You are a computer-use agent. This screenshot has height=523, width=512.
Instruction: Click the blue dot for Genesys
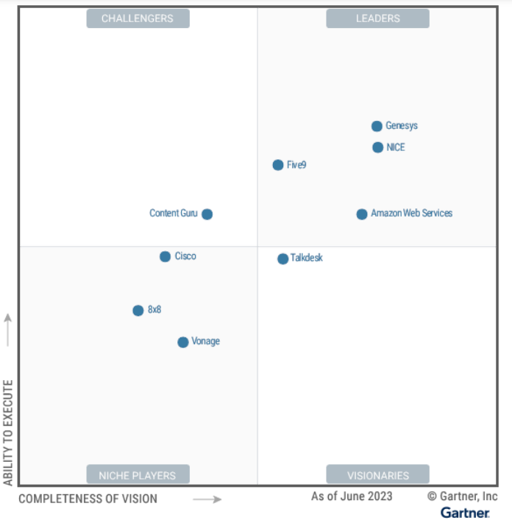pos(377,126)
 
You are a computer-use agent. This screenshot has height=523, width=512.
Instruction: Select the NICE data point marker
pos(378,147)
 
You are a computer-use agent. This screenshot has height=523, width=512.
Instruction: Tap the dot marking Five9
pos(278,165)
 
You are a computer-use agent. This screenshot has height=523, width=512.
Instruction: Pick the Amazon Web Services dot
pos(362,214)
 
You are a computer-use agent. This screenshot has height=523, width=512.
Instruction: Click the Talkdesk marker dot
pos(283,259)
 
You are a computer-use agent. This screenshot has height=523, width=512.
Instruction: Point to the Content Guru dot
pos(207,214)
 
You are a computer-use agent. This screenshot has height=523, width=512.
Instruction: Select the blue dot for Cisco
pos(166,256)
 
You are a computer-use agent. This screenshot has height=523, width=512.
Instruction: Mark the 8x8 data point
pos(138,310)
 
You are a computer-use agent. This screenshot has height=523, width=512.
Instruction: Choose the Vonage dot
pos(183,342)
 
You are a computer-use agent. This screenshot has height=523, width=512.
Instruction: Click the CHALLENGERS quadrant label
pos(138,18)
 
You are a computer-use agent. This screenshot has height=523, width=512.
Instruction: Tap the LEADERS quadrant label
pos(377,18)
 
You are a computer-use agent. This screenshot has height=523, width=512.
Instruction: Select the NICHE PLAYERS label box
pos(138,475)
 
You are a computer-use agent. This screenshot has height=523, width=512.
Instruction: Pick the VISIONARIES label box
pos(377,475)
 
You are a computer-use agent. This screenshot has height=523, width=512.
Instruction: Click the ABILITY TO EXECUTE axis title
pos(9,432)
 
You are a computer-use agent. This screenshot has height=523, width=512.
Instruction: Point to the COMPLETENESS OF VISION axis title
pos(88,499)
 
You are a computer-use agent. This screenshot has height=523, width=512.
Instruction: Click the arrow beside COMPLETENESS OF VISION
pos(207,499)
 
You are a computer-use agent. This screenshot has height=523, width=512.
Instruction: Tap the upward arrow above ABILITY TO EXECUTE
pos(9,329)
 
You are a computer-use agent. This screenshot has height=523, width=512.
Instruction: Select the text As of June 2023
pos(352,496)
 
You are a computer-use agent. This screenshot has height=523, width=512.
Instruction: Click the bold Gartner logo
pos(465,512)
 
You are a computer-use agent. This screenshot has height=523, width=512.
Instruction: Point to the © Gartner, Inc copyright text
pos(463,496)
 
